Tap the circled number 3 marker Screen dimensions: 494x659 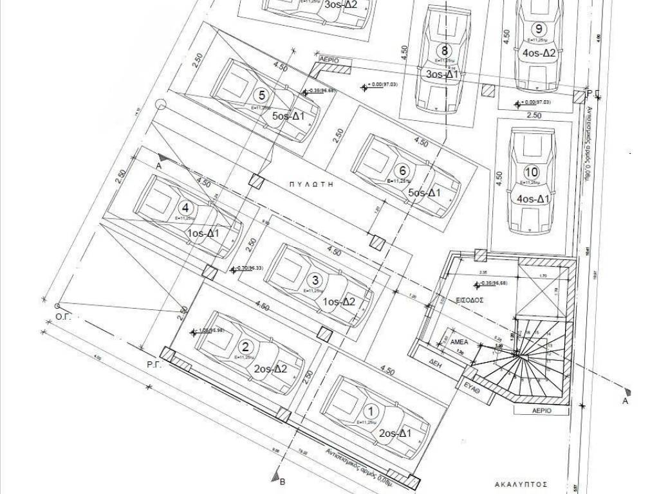point(315,280)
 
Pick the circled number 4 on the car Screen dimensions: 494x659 point(186,208)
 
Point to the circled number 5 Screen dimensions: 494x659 point(261,95)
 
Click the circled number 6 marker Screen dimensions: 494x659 point(403,171)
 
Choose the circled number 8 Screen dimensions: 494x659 point(443,50)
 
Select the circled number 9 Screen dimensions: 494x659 point(539,29)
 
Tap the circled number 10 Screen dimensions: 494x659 point(531,172)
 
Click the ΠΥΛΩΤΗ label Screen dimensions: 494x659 point(314,183)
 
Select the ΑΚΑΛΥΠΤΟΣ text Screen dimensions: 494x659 point(521,482)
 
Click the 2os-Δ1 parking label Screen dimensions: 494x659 point(396,433)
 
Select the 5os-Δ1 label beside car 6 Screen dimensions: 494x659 point(425,193)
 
